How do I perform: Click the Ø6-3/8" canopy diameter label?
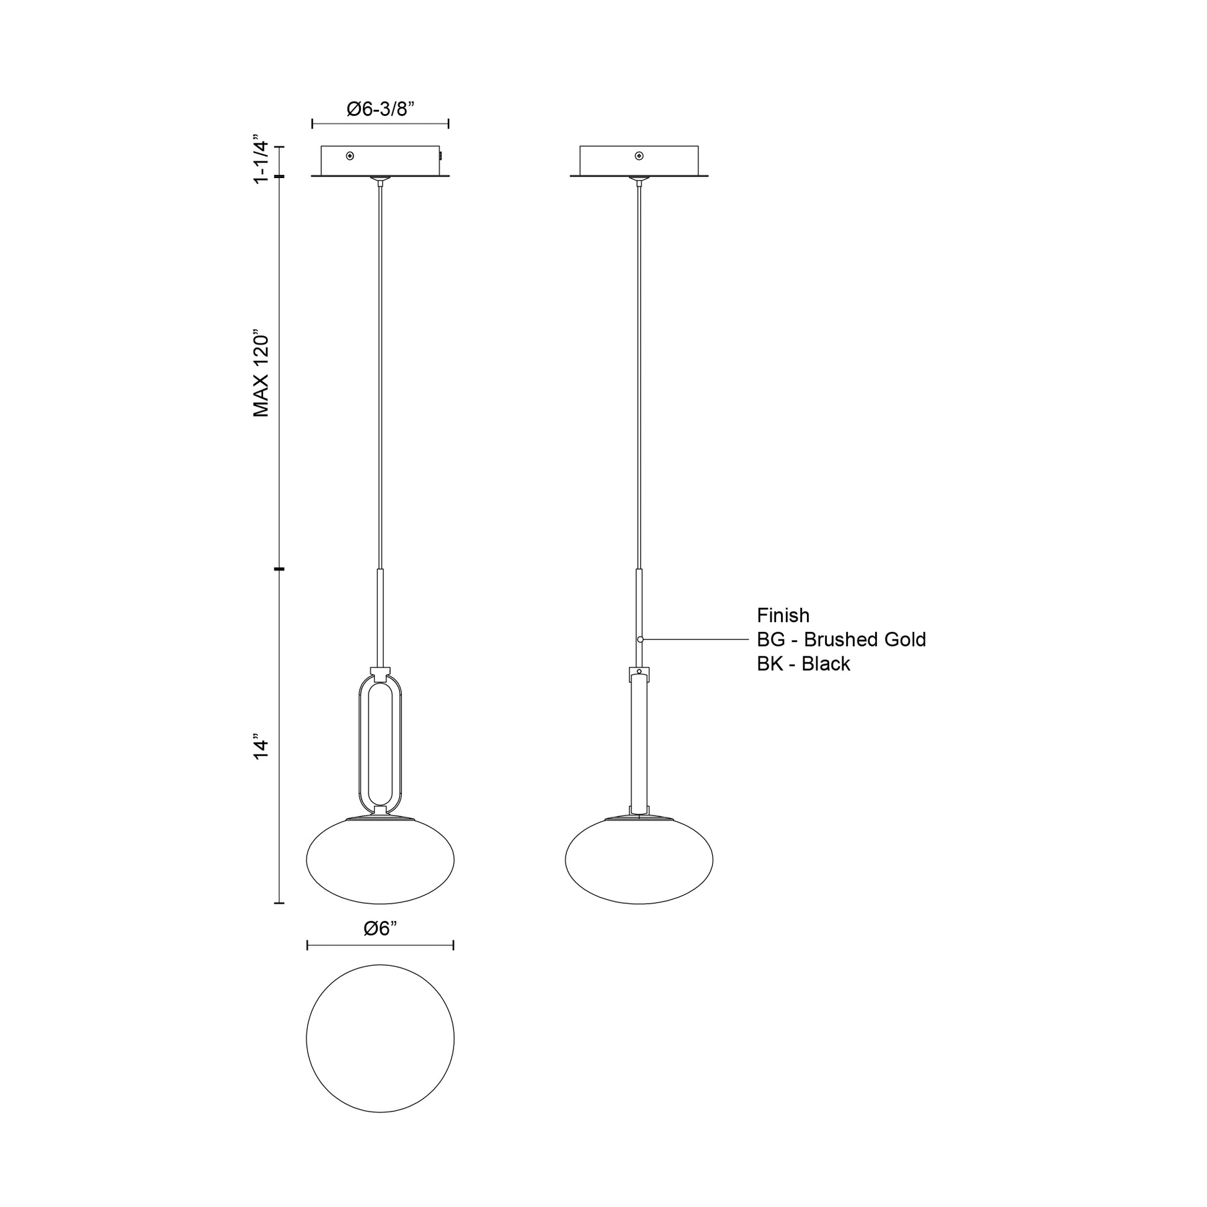[x=380, y=109]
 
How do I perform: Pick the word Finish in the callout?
[x=783, y=615]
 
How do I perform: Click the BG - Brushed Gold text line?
[x=841, y=639]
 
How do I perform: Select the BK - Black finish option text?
[x=803, y=664]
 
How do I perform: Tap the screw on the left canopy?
[x=350, y=156]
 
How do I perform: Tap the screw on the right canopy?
[x=638, y=156]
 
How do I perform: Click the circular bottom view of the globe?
[x=380, y=1038]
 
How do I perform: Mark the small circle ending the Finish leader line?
[x=640, y=639]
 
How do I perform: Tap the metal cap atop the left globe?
[x=380, y=817]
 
